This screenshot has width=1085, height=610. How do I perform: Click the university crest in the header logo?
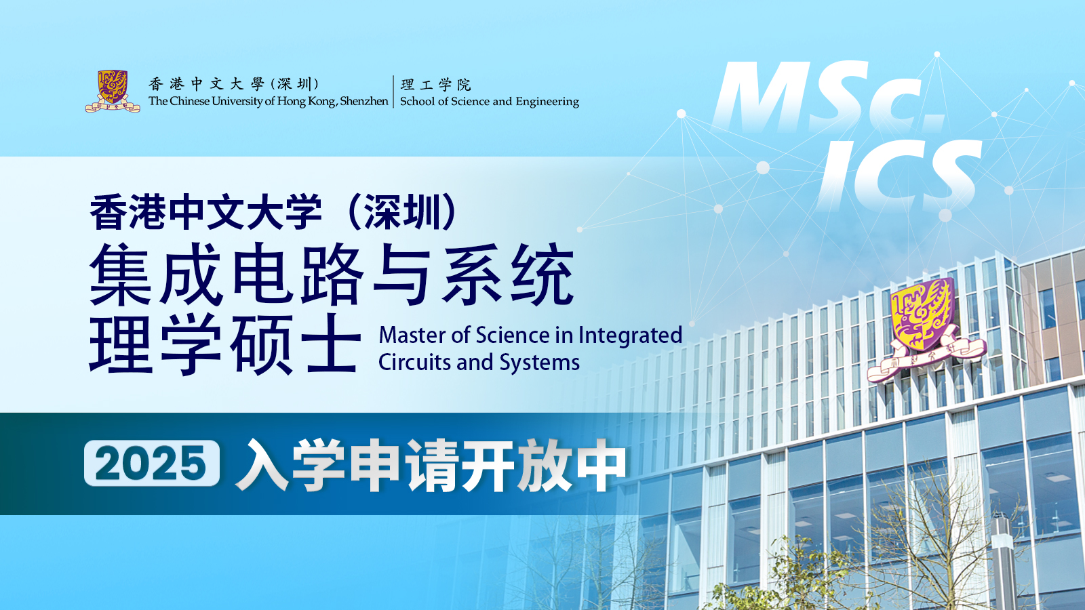click(x=113, y=91)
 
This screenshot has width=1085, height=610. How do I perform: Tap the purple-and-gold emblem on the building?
click(x=925, y=330)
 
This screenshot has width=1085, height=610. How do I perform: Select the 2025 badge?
click(x=152, y=463)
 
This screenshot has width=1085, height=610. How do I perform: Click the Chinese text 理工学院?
click(x=435, y=85)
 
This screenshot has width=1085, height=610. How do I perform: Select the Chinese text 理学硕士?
click(x=225, y=344)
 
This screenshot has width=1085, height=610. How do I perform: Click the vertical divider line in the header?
click(x=394, y=91)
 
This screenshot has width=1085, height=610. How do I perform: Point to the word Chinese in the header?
click(x=189, y=101)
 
